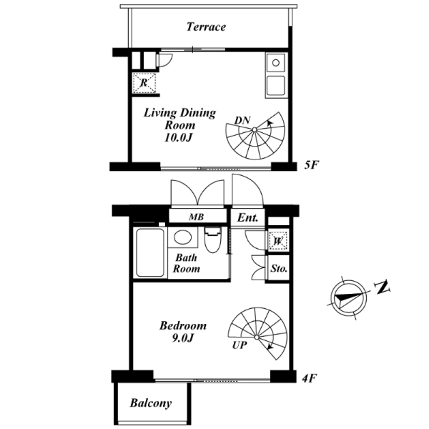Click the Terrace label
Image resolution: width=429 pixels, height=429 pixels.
coord(206,27)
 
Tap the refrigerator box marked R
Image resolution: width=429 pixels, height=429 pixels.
coord(144,83)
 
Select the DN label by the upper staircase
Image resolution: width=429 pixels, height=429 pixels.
coord(242,120)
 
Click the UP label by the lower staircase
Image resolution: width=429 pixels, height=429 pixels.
coord(240,345)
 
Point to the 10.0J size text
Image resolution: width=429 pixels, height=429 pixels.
coord(177,137)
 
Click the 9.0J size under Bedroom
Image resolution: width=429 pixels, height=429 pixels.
coord(183,338)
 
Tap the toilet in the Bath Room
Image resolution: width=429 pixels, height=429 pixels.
coord(212,240)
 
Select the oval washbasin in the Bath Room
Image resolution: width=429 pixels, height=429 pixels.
coord(182,237)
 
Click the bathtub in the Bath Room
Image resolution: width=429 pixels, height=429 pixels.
coord(150,253)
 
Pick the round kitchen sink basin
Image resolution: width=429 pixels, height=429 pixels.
coord(276,63)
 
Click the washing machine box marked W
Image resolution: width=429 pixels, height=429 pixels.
coord(278,241)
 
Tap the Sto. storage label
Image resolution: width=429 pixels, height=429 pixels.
coord(279,268)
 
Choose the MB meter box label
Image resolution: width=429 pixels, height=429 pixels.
coord(196,217)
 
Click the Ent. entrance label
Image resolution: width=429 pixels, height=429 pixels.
coord(247,218)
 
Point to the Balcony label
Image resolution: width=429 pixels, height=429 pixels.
coord(151,403)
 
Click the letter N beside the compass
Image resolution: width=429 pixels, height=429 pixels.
coord(383,287)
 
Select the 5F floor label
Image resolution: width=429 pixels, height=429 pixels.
coord(312,165)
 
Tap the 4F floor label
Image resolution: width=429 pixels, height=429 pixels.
coord(310,378)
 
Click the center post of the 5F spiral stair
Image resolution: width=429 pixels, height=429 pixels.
coord(255,129)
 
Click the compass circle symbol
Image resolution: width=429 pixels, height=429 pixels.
coord(348,297)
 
